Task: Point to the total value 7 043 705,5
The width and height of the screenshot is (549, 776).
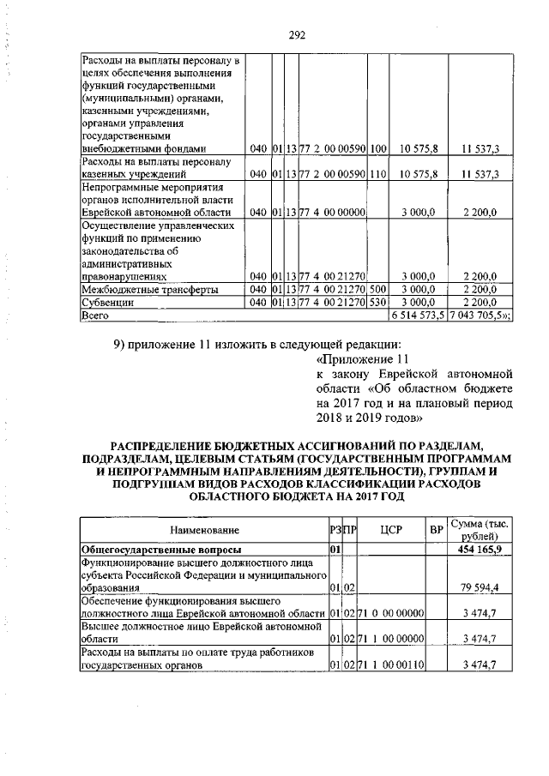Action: pos(481,316)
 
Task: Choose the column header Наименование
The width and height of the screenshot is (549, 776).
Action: pos(203,532)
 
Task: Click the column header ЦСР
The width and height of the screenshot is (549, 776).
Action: pos(384,532)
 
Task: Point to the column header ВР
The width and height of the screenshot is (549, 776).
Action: pos(436,532)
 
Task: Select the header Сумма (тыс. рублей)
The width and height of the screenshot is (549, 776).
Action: pos(480,531)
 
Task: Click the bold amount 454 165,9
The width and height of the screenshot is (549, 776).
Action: pos(482,549)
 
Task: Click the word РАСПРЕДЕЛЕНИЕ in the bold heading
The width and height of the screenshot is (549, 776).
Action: pos(172,445)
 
